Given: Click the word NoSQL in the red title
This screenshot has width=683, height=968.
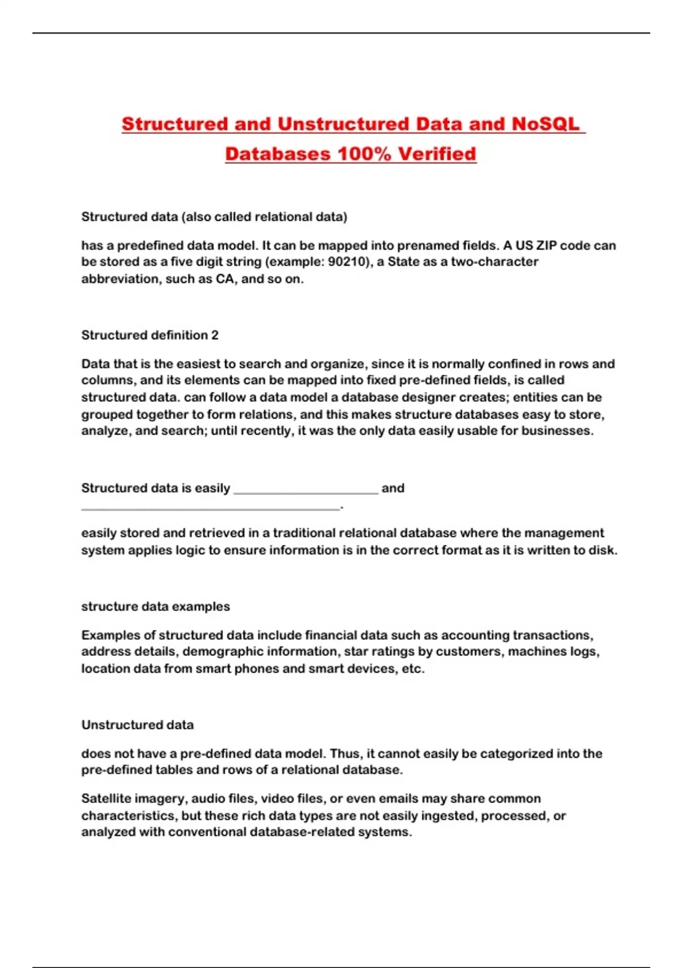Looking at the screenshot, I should point(545,124).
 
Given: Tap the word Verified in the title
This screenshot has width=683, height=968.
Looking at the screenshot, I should point(437,154).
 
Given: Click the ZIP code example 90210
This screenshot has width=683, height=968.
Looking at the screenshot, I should point(347,262).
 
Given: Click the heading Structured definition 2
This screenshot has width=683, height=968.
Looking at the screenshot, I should point(150,335).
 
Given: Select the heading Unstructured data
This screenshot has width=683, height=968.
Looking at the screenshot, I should point(137,725).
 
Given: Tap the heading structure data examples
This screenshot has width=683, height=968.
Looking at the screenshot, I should point(155,606).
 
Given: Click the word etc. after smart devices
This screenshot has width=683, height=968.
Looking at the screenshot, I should point(413,668).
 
